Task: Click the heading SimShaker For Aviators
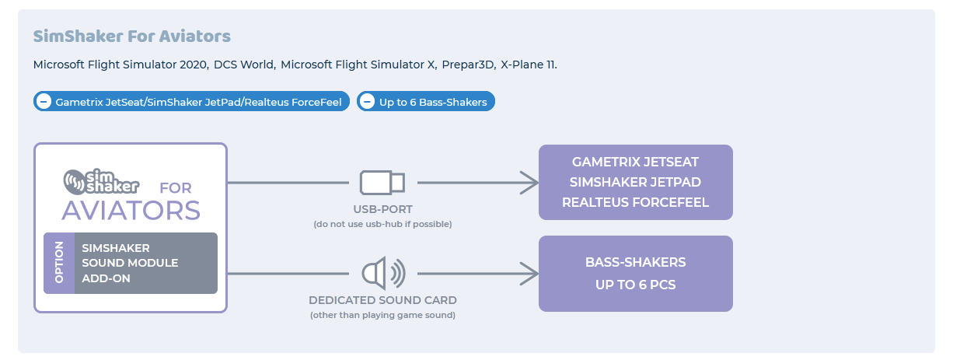(131, 37)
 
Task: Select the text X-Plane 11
(529, 65)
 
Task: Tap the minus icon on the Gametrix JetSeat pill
(44, 102)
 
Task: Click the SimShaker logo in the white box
(101, 181)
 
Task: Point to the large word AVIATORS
(131, 211)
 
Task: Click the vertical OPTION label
(59, 264)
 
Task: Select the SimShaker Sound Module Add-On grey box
(145, 264)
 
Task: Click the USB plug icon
(382, 183)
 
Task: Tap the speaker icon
(382, 274)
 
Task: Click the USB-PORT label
(382, 209)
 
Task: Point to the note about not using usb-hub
(382, 224)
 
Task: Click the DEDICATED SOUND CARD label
(382, 300)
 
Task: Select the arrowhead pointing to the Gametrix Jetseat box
(529, 183)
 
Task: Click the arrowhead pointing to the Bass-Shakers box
(529, 274)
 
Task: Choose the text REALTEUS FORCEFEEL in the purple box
(635, 203)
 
